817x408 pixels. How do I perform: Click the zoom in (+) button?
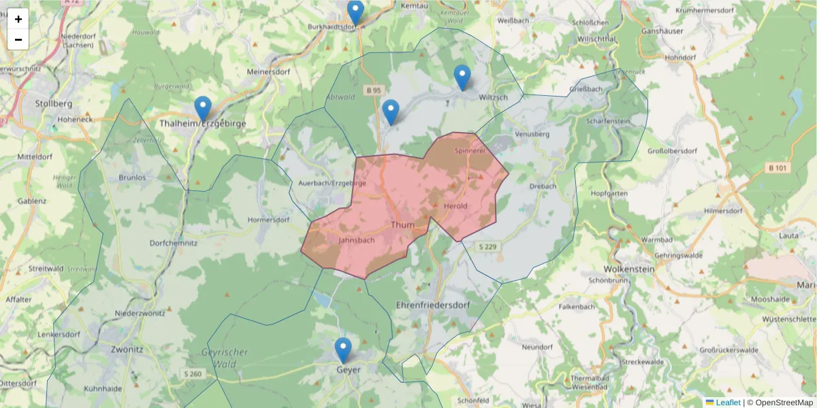[x=18, y=19]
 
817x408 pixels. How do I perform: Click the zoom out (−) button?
[x=18, y=39]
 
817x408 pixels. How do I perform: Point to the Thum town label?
[x=402, y=224]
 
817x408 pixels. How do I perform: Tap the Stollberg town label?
[x=53, y=104]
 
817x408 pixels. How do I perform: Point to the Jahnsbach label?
[x=356, y=240]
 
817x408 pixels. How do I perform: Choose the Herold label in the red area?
[x=455, y=206]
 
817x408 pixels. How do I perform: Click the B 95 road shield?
[x=373, y=90]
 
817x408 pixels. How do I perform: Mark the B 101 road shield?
[x=778, y=168]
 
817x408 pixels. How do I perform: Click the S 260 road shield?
[x=193, y=374]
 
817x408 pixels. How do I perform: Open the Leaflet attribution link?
[x=728, y=403]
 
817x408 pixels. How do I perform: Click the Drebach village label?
[x=542, y=186]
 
